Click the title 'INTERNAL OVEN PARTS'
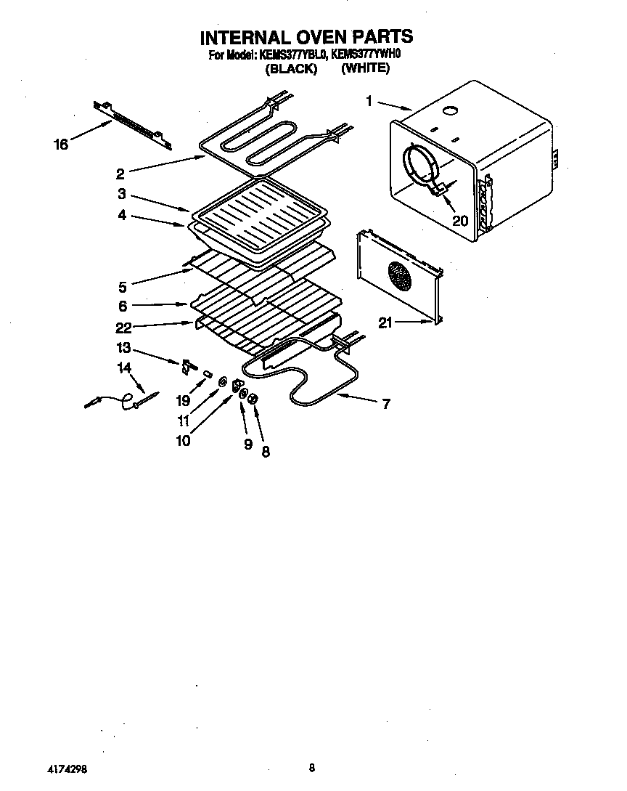[x=306, y=36]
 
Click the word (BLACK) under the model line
[x=291, y=69]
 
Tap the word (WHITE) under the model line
[x=365, y=68]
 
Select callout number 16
[x=61, y=145]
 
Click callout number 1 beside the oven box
[x=369, y=102]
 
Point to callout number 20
[x=460, y=221]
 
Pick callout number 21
[x=385, y=323]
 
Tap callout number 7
[x=385, y=404]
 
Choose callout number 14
[x=124, y=368]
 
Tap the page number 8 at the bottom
[x=311, y=768]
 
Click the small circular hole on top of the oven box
[x=450, y=112]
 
